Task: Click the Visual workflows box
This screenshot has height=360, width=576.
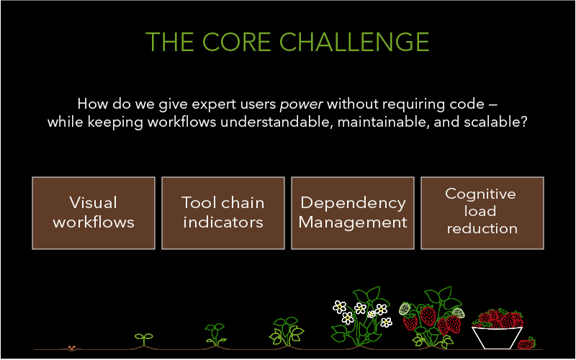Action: pyautogui.click(x=94, y=212)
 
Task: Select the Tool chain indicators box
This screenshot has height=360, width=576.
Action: pyautogui.click(x=223, y=212)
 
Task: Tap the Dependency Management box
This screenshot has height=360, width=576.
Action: pyautogui.click(x=353, y=212)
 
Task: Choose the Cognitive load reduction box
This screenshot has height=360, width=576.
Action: pyautogui.click(x=482, y=212)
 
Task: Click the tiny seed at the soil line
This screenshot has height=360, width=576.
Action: pyautogui.click(x=71, y=348)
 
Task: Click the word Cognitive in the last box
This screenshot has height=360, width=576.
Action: pyautogui.click(x=480, y=194)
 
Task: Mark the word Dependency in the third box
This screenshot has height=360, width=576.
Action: pyautogui.click(x=353, y=203)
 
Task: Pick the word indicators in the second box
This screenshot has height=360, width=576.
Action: pyautogui.click(x=223, y=222)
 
